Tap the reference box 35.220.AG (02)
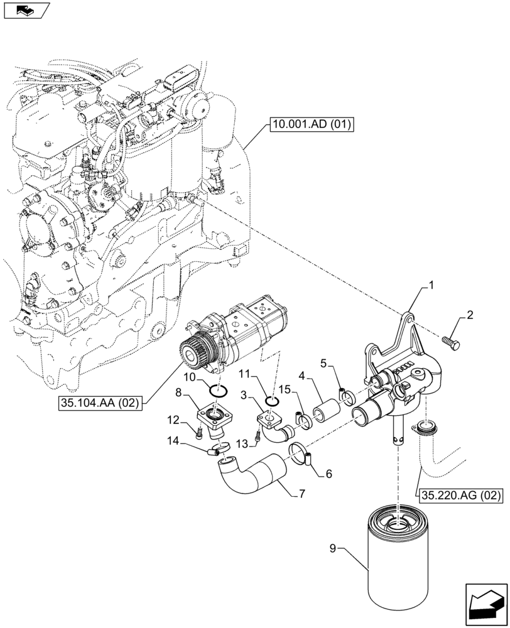[459, 495]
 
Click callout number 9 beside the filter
[334, 548]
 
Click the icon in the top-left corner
[24, 10]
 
